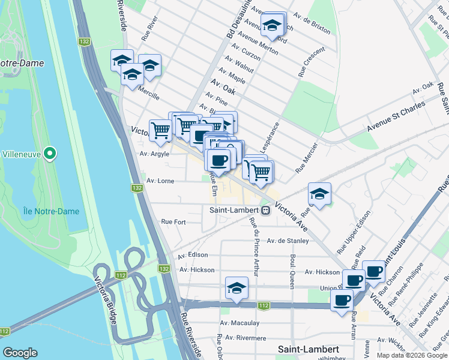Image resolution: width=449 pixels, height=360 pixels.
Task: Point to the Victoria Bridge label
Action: [106, 301]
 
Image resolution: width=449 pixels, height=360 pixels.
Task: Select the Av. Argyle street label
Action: [154, 154]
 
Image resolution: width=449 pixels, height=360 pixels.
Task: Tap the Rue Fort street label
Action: [173, 222]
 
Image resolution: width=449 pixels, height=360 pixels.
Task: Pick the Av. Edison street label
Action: [193, 254]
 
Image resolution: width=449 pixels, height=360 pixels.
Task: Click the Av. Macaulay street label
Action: [239, 323]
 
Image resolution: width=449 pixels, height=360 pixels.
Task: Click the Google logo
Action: [20, 353]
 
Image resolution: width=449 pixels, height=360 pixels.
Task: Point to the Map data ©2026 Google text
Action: [412, 355]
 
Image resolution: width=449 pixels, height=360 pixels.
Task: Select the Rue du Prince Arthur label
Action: [253, 247]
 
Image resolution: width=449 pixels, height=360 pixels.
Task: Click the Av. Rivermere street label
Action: [243, 338]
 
